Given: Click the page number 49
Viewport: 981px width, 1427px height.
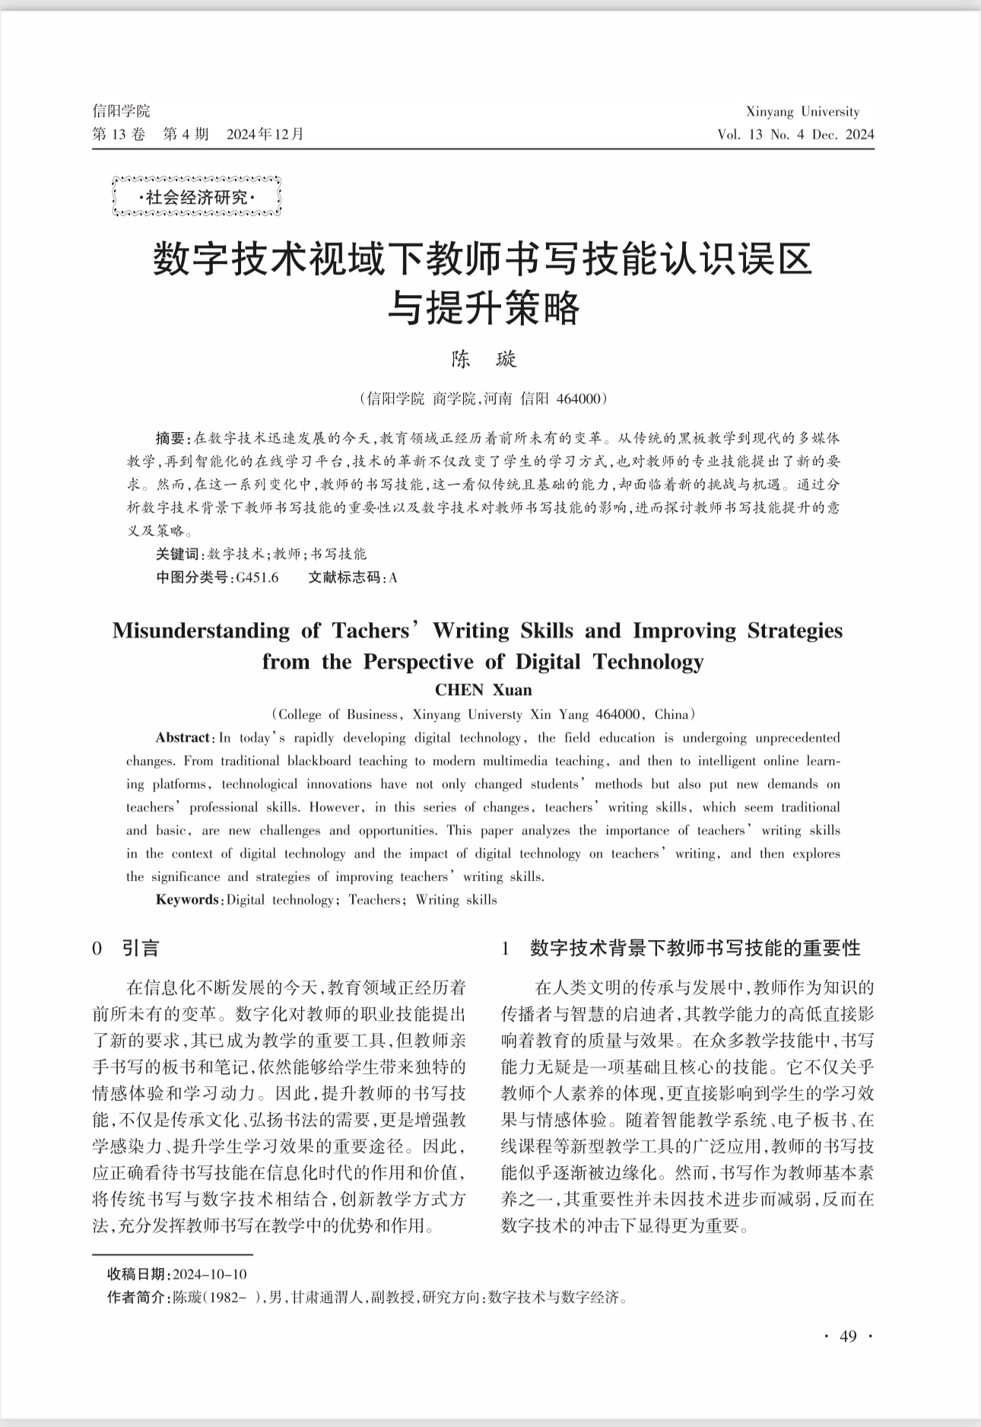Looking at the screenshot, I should click(x=848, y=1336).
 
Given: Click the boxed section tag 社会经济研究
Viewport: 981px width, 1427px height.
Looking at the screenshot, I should click(x=196, y=198).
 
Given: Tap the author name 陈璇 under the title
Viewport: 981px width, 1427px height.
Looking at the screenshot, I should click(x=484, y=359).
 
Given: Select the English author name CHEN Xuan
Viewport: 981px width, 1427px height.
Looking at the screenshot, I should click(x=483, y=690).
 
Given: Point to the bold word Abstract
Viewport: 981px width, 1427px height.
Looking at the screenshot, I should click(x=183, y=737).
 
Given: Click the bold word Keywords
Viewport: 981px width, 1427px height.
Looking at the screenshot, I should click(x=187, y=900).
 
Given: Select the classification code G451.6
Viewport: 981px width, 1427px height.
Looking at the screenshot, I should click(x=257, y=577).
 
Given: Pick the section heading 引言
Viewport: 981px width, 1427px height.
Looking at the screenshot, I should click(x=141, y=948).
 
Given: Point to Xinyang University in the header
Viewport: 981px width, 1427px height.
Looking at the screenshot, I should click(x=802, y=112).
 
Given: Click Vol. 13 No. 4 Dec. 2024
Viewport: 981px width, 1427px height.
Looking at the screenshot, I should click(x=795, y=135).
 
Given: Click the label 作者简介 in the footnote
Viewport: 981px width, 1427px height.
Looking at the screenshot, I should click(x=138, y=1297).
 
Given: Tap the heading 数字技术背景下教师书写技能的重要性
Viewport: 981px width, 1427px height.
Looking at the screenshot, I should click(x=695, y=948).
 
